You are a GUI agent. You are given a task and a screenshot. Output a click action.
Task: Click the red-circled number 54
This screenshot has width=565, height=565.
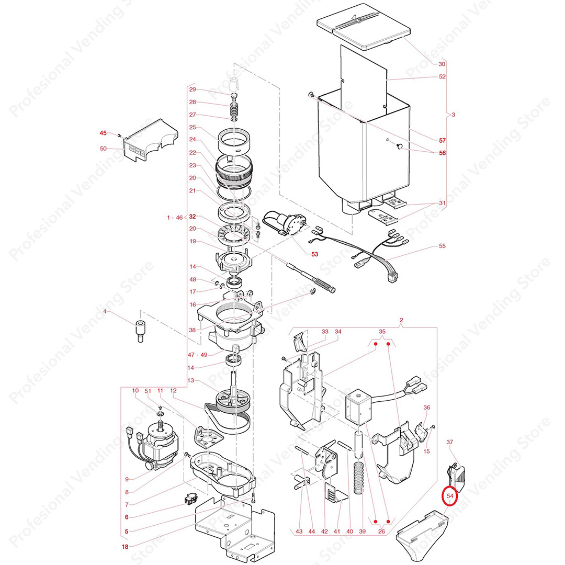point(450,496)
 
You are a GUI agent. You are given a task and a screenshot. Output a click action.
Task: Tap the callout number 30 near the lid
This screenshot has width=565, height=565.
point(442,64)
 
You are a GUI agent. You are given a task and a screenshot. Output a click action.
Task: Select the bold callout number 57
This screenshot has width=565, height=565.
point(442,140)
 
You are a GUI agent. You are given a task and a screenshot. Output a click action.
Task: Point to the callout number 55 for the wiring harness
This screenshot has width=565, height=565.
point(442,246)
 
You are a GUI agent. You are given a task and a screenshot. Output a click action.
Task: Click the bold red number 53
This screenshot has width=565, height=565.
point(314,254)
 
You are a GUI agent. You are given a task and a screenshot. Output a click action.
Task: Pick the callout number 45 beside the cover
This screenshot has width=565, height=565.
point(103,133)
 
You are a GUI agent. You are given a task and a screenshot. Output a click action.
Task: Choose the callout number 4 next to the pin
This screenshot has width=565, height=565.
point(105,311)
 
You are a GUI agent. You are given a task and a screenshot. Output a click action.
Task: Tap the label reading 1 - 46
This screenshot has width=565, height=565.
point(175,218)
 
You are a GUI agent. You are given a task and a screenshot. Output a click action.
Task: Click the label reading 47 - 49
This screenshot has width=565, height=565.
point(197,355)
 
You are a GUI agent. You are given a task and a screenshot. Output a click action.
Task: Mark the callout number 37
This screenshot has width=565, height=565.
point(450,442)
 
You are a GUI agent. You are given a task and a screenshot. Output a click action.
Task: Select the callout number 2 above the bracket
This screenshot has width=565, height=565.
point(401,320)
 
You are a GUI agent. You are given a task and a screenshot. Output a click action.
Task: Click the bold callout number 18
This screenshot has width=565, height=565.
point(125,547)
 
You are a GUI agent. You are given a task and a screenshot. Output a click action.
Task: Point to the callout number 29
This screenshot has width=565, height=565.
point(193,89)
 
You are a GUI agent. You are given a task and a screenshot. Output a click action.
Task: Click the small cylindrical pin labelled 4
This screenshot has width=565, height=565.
point(140,331)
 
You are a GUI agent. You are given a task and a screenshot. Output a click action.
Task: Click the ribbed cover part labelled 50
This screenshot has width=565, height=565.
point(151,140)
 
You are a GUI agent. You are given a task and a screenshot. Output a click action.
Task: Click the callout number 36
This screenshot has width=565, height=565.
point(427,407)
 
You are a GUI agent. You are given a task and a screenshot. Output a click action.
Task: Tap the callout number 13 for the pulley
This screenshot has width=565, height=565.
point(190,380)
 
